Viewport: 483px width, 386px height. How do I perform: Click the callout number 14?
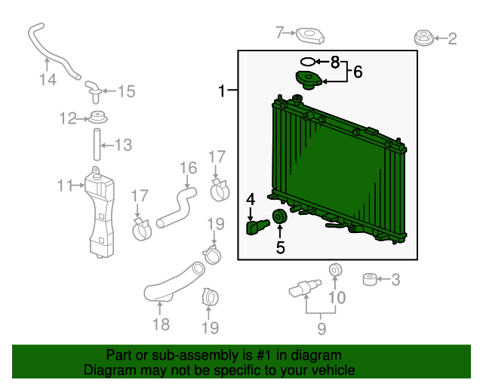(48, 80)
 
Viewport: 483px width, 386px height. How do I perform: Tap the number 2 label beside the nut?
(452, 39)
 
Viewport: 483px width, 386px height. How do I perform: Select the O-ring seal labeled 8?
(308, 62)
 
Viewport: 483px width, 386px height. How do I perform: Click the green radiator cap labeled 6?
(309, 80)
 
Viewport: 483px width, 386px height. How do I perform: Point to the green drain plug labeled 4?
(257, 227)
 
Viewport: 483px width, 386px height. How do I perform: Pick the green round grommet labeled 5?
(280, 216)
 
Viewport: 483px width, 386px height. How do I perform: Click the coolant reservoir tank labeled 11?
(100, 213)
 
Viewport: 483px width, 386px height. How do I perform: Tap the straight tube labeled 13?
(97, 144)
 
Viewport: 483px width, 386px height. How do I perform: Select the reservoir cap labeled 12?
(98, 118)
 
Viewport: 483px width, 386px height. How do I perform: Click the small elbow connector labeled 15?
(94, 91)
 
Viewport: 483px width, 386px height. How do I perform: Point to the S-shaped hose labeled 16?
(177, 208)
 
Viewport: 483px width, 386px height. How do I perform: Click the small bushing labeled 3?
(370, 279)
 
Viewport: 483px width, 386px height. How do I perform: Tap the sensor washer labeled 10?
(335, 270)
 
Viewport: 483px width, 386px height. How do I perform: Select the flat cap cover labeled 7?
(310, 36)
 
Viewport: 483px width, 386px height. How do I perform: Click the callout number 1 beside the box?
(222, 90)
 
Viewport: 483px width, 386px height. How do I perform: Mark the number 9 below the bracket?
(321, 329)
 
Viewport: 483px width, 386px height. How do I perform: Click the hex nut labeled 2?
(424, 38)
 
